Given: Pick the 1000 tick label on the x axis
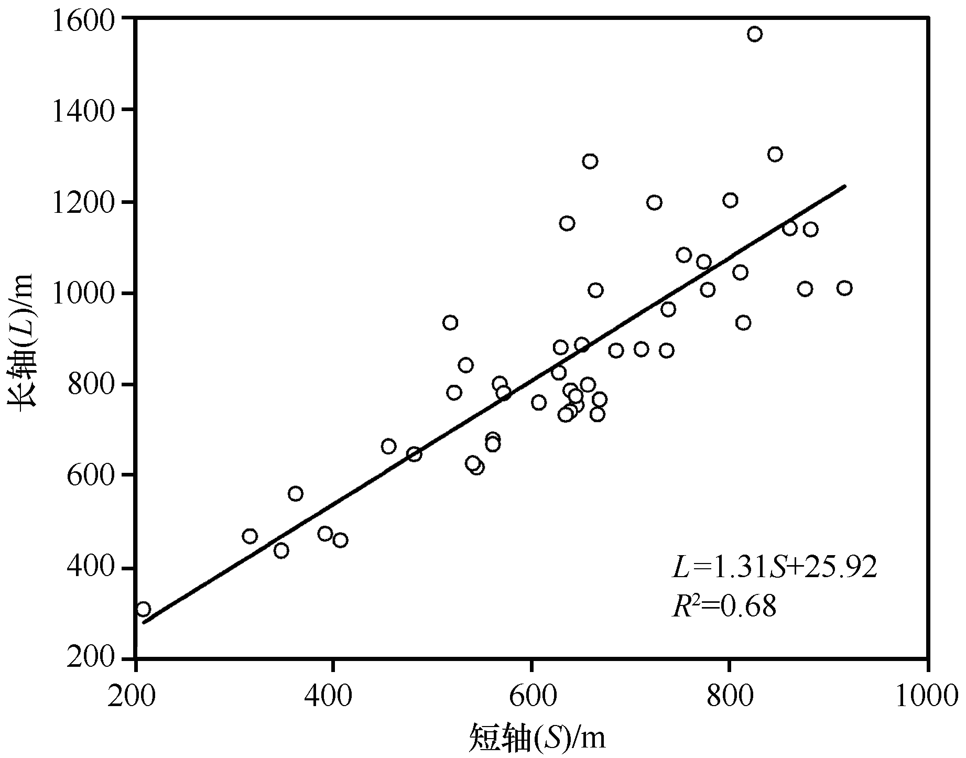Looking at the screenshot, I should tap(927, 695).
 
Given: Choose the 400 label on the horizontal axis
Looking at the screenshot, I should tap(334, 695).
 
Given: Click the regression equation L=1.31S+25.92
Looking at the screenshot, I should tap(775, 567).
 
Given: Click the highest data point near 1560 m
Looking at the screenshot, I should tap(755, 35).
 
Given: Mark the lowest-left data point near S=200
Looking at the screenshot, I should tap(143, 609).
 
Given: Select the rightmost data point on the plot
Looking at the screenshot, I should tap(844, 288).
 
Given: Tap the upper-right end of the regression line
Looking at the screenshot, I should tap(844, 186).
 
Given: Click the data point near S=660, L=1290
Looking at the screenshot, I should tap(590, 161).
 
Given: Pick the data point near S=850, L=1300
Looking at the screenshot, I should tap(775, 154).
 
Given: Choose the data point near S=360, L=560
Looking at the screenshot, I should tap(296, 494).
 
